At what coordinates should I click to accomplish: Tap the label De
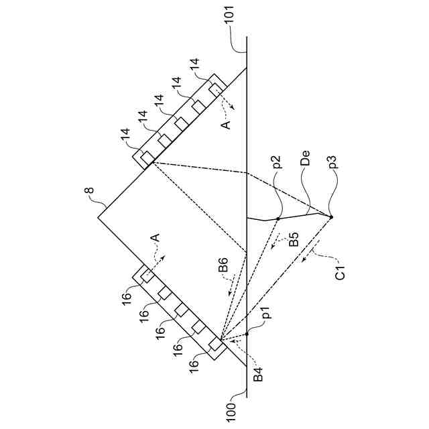coord(306,163)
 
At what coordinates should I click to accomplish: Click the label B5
coord(292,239)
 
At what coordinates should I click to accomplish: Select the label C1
coord(341,272)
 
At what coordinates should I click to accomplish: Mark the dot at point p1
coord(247,332)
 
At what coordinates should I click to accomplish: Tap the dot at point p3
coord(330,217)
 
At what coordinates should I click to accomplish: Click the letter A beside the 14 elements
coord(226,125)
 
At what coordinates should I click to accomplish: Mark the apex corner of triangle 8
coord(98,218)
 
